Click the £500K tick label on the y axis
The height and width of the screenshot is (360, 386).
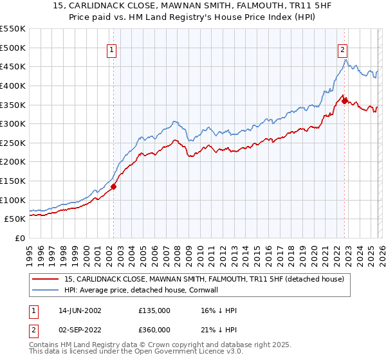tap(13, 48)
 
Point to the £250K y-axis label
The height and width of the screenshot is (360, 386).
tap(13, 143)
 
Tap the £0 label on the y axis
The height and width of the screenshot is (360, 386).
tap(20, 238)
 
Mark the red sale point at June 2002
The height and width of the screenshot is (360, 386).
tap(114, 186)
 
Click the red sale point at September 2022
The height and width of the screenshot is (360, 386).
tap(344, 101)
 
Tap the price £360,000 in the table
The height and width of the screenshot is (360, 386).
tap(154, 329)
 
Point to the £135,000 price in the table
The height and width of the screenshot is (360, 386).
tap(154, 310)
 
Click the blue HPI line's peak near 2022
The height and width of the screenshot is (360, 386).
tap(345, 60)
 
